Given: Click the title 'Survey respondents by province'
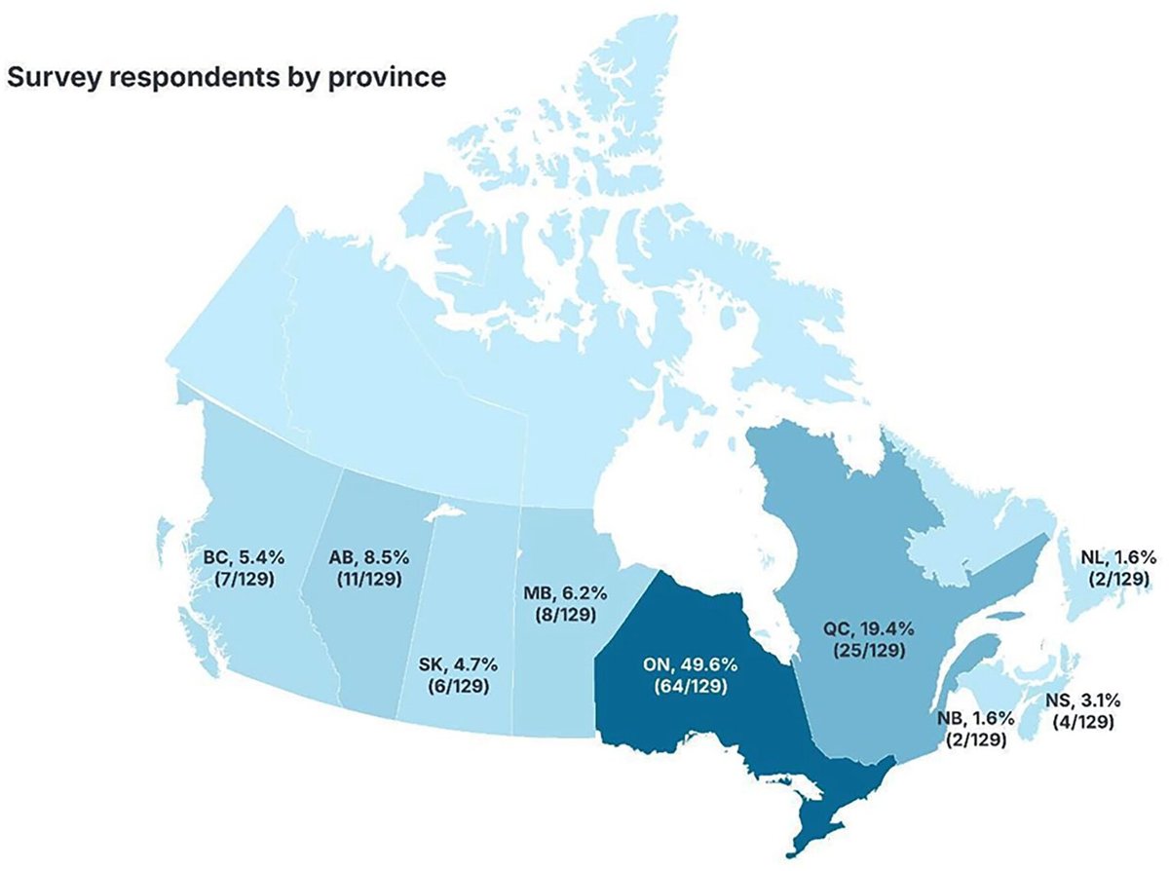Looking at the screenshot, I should (226, 77).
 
